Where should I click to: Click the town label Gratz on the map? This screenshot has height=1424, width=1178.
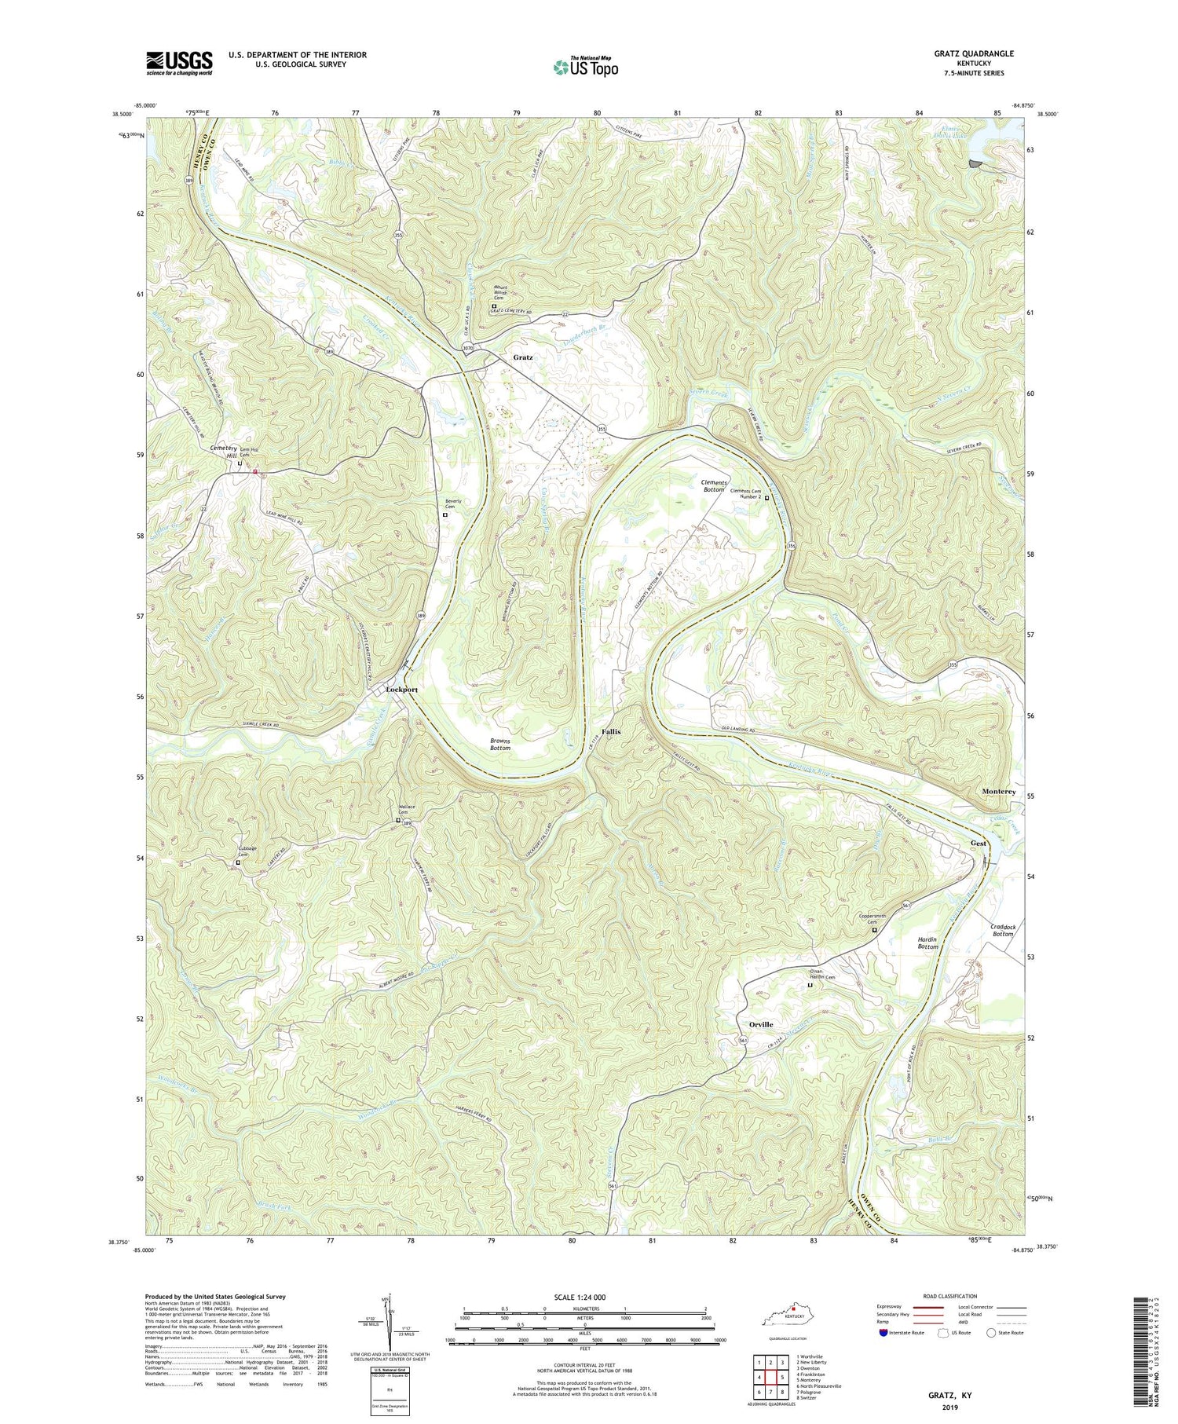(523, 357)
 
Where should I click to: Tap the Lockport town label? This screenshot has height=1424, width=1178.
(403, 689)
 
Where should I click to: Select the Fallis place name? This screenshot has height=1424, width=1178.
(611, 731)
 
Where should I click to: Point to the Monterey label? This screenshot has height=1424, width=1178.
(999, 792)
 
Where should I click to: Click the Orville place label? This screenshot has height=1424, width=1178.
(761, 1024)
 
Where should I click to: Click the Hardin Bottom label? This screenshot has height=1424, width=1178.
(927, 943)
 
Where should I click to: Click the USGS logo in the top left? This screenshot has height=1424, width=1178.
(179, 63)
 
